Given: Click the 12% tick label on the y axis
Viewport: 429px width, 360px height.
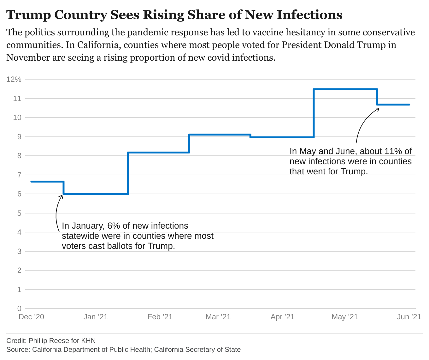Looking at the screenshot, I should pyautogui.click(x=14, y=79).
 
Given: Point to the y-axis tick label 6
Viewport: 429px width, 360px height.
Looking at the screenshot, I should pyautogui.click(x=19, y=194).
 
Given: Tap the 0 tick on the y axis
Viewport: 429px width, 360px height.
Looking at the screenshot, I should pyautogui.click(x=19, y=309).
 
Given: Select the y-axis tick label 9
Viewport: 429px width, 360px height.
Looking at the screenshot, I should pyautogui.click(x=19, y=137).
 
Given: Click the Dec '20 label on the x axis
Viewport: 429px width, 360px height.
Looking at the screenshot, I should pyautogui.click(x=31, y=317).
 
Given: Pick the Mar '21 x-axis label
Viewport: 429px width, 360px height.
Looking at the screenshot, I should pyautogui.click(x=218, y=317).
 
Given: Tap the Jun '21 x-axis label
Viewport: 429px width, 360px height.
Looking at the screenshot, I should pyautogui.click(x=409, y=317).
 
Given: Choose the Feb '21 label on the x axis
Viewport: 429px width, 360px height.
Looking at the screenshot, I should pyautogui.click(x=160, y=317).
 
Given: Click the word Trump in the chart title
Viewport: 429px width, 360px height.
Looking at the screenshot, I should pyautogui.click(x=28, y=15).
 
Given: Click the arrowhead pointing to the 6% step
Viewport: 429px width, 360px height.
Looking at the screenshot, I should pyautogui.click(x=62, y=196).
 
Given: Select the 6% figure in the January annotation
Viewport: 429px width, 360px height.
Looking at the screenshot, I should pyautogui.click(x=114, y=226).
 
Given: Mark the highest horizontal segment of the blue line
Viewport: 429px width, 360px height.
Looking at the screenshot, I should pyautogui.click(x=345, y=89).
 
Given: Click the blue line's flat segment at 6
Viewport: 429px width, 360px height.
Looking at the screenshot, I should pyautogui.click(x=96, y=194).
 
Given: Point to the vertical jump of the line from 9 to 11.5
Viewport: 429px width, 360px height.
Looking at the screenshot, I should pyautogui.click(x=314, y=113).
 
